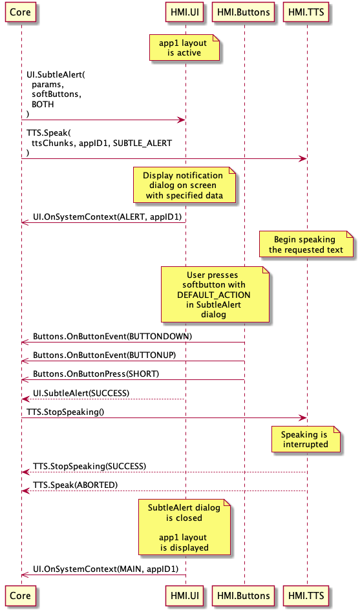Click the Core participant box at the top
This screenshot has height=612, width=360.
pos(20,12)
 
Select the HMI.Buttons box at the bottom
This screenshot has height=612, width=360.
pos(244,596)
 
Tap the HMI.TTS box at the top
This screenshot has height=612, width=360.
pos(306,12)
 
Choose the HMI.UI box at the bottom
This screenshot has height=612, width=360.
pos(185,596)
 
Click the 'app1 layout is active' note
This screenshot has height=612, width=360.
pos(184,48)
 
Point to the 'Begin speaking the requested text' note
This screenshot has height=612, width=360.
pos(306,244)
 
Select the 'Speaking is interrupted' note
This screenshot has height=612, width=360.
pos(306,439)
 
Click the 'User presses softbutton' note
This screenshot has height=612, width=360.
pos(215,294)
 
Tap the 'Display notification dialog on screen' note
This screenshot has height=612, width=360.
pos(184,185)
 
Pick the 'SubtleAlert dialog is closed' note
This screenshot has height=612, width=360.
pos(184,527)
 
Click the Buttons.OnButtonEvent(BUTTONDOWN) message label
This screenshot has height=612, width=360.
pos(112,337)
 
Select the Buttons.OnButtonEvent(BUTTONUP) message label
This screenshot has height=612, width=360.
pos(104,355)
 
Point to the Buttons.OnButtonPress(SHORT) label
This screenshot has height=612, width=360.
pos(96,374)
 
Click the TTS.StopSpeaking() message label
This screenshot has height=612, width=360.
pos(65,412)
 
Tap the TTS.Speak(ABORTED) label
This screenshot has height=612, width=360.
pos(76,485)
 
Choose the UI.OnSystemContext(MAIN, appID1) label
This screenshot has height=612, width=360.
pos(105,569)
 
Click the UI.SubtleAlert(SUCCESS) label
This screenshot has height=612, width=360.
pos(81,393)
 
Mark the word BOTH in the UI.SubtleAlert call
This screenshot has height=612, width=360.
pos(43,104)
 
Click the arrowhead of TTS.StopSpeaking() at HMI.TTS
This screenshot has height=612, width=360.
pos(303,418)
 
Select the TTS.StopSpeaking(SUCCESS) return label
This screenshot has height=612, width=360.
pos(89,467)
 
